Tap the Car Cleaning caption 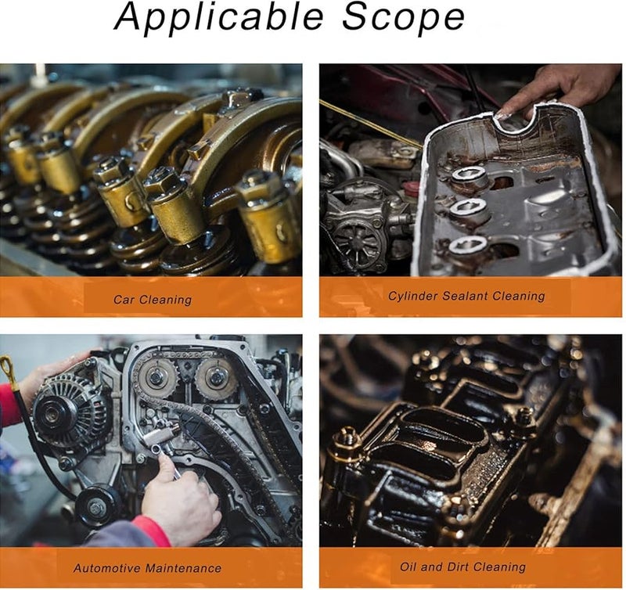[152, 299]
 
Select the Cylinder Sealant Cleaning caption [466, 296]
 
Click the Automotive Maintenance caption [147, 568]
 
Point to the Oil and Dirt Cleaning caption [462, 567]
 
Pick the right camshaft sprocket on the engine [216, 378]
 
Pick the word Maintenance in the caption [181, 568]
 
